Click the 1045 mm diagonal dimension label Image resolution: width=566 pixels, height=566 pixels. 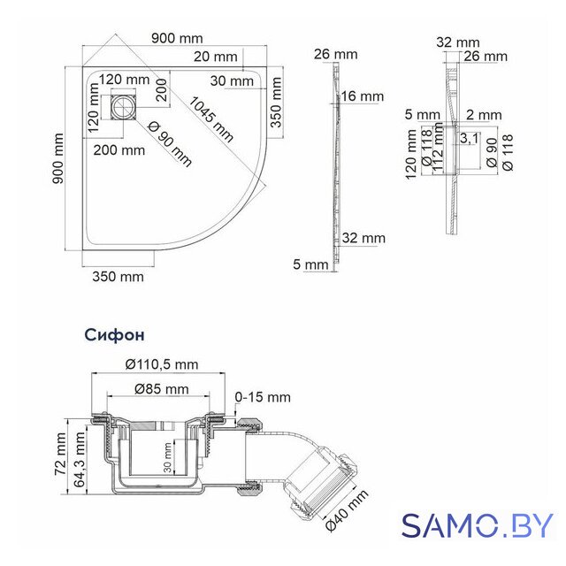tap(211, 119)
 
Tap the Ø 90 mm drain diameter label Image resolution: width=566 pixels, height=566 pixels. tap(170, 144)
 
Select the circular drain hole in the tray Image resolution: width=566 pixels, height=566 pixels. tap(122, 108)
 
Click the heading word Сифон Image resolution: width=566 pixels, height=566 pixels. tap(115, 335)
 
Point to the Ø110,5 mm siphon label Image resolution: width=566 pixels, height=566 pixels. tap(162, 364)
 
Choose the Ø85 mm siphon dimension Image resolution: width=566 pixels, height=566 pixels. tap(162, 389)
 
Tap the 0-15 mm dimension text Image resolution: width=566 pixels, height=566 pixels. tap(263, 397)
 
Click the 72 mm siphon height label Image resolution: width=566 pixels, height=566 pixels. tap(61, 454)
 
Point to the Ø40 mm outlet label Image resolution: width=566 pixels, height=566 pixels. tap(347, 509)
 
